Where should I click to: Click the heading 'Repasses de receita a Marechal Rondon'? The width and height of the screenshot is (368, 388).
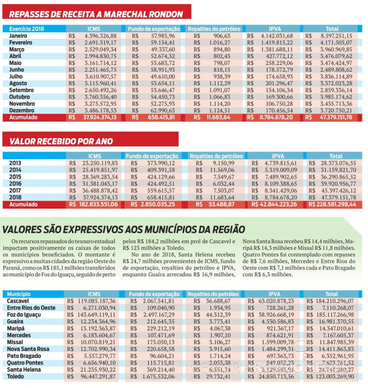point(96,14)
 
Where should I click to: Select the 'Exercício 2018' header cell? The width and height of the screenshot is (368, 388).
point(26,29)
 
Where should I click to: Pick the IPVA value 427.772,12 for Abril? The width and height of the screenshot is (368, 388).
point(278,56)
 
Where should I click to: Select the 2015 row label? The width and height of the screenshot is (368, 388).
point(15,177)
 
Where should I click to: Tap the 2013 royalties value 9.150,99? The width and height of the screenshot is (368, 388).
point(223,163)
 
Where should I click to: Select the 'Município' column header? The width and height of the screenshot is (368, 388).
point(19,294)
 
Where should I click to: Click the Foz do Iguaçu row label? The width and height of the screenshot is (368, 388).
point(24,314)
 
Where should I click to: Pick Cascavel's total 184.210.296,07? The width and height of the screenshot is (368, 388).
point(335,301)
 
